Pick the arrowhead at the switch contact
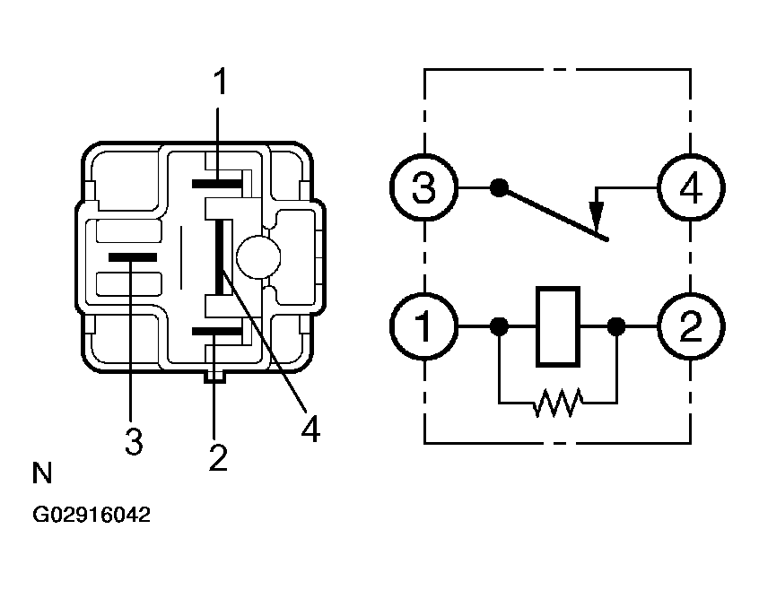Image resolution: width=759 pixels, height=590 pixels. pyautogui.click(x=596, y=216)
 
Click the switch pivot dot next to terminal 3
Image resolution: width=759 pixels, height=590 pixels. pyautogui.click(x=499, y=187)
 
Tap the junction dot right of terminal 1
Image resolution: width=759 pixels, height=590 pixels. pyautogui.click(x=499, y=326)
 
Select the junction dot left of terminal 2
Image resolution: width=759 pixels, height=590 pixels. pyautogui.click(x=615, y=326)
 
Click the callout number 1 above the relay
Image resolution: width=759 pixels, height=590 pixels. pyautogui.click(x=220, y=82)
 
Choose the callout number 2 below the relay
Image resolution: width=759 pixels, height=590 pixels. pyautogui.click(x=218, y=457)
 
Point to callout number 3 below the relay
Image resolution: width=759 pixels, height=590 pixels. pyautogui.click(x=134, y=440)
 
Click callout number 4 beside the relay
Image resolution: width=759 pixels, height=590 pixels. pyautogui.click(x=310, y=429)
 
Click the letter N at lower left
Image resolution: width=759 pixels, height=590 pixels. pyautogui.click(x=41, y=473)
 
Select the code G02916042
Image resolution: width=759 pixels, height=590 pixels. pyautogui.click(x=92, y=515)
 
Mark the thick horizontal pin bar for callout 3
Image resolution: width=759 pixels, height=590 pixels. pyautogui.click(x=133, y=257)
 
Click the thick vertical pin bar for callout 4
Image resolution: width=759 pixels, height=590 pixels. pyautogui.click(x=220, y=256)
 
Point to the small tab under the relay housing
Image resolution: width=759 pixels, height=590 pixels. pyautogui.click(x=215, y=377)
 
